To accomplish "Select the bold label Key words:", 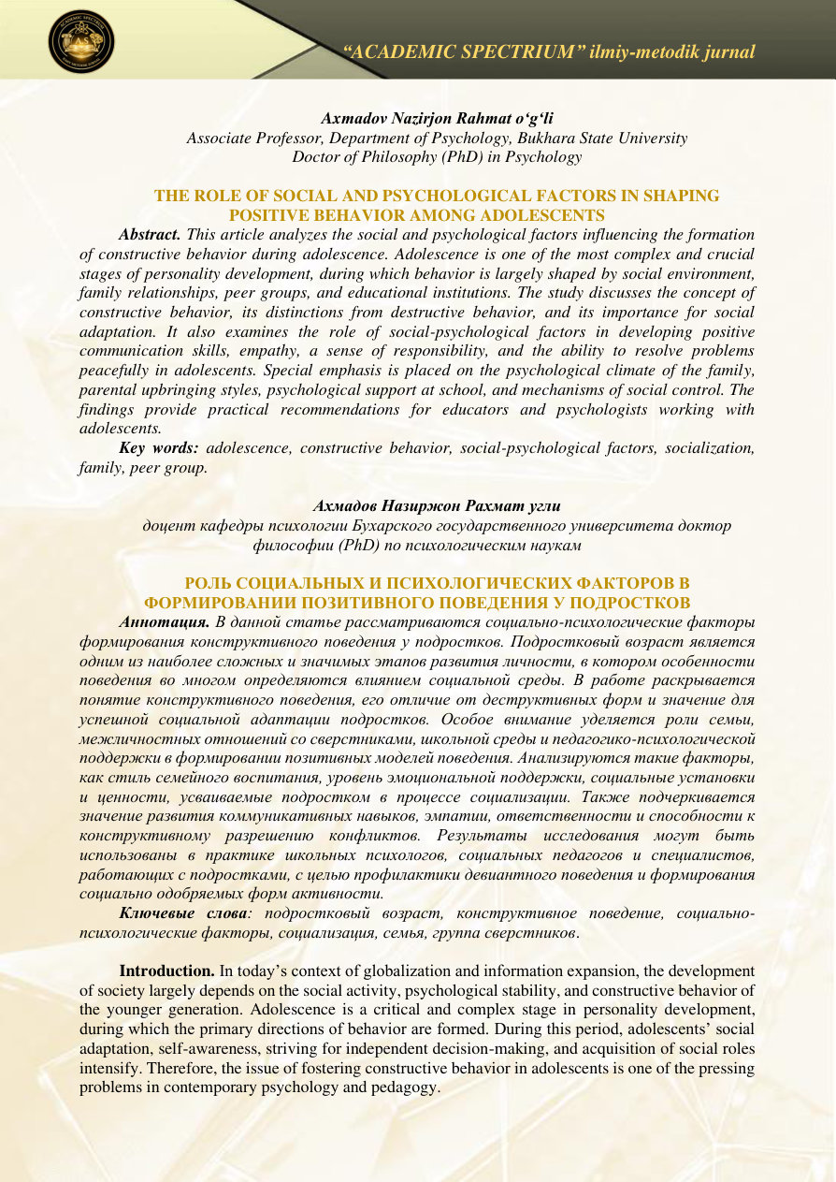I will [x=160, y=448].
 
